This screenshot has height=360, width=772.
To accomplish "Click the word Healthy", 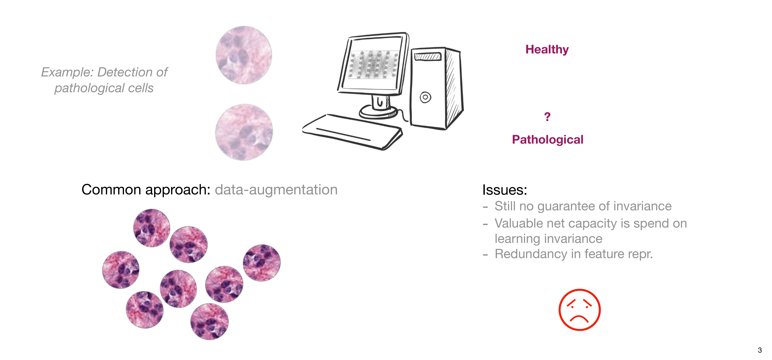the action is (547, 50).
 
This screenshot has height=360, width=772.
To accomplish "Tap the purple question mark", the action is (547, 117).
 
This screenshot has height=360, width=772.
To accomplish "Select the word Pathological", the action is (548, 140).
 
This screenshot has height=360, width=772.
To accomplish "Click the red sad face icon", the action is (580, 310).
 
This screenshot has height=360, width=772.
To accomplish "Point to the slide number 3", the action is (760, 350).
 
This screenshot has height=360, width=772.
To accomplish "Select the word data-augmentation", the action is (276, 190).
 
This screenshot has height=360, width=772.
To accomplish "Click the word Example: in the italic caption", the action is (68, 72).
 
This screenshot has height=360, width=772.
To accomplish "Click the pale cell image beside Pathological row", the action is (244, 132).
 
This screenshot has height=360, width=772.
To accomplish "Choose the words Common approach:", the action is (146, 190).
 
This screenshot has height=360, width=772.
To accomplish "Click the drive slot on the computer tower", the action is (428, 56).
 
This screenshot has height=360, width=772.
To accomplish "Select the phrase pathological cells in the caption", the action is (104, 88).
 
